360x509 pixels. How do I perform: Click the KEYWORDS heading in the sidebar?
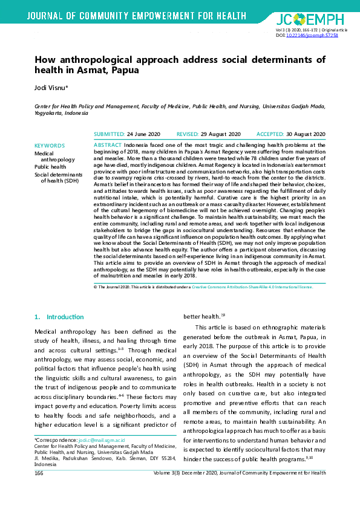click(x=50, y=146)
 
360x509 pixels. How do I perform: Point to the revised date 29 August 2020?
click(x=221, y=134)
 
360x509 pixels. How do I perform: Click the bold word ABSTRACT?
click(x=108, y=146)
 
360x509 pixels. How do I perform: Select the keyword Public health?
click(x=50, y=166)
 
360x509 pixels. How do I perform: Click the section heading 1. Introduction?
click(x=59, y=317)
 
